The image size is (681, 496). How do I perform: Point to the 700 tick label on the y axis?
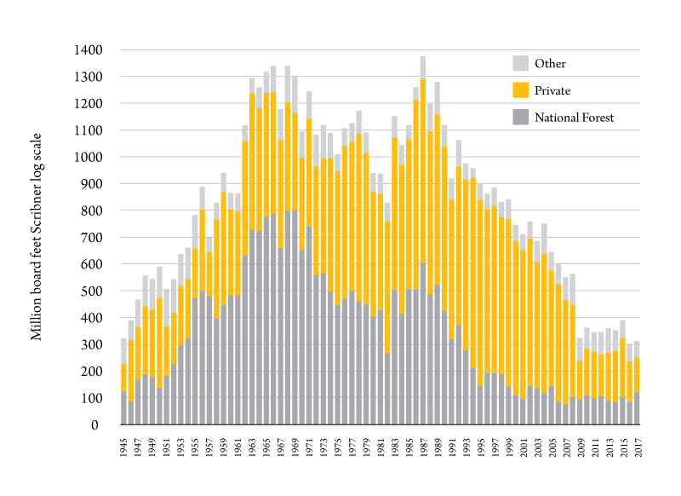coord(92,238)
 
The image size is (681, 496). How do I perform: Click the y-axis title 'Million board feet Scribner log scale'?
coord(37,238)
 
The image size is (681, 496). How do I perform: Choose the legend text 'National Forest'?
coord(575,118)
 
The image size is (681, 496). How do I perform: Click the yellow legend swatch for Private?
coord(520,90)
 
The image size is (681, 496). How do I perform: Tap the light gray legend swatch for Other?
coord(520,63)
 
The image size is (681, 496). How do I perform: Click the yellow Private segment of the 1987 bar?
coord(423,170)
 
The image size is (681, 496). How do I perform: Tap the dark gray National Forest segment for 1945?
coord(124,408)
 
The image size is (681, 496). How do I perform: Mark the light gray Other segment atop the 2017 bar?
coord(637,349)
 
